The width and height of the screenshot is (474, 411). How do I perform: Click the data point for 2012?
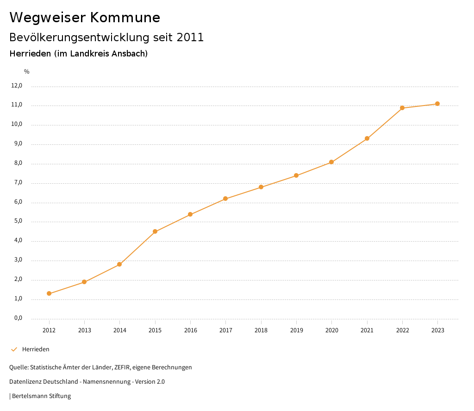[x=49, y=293]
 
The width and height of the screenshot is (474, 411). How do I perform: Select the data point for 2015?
[x=155, y=231]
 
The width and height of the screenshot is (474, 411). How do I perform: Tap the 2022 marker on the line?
[x=402, y=108]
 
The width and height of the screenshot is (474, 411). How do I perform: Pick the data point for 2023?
[x=437, y=104]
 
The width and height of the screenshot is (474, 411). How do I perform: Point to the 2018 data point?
[x=261, y=187]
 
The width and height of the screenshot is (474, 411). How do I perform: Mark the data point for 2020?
[x=331, y=162]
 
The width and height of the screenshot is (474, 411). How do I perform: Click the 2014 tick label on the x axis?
[x=120, y=330]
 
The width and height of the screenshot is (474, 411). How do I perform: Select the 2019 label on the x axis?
[x=296, y=330]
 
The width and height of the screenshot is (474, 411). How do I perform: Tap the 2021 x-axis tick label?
[x=367, y=330]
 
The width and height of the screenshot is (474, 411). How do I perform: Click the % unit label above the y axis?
[x=27, y=72]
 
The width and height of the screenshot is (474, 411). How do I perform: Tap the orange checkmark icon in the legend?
[x=14, y=349]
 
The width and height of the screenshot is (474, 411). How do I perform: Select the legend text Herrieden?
[x=36, y=349]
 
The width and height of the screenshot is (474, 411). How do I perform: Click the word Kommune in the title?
[x=125, y=17]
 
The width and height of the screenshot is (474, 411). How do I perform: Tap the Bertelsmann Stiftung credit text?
[x=41, y=396]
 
